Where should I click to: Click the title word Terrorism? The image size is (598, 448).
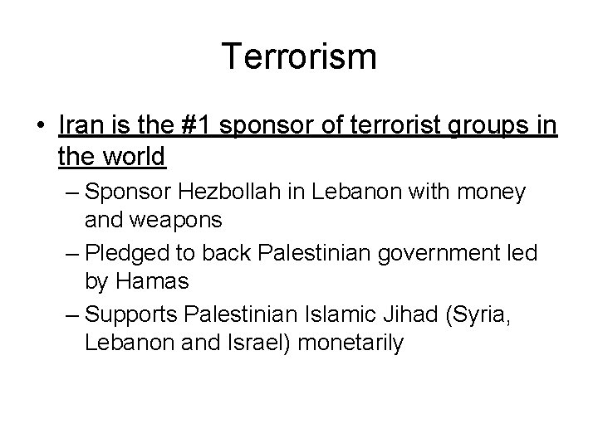click(x=299, y=57)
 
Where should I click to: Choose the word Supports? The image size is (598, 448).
click(x=132, y=314)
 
